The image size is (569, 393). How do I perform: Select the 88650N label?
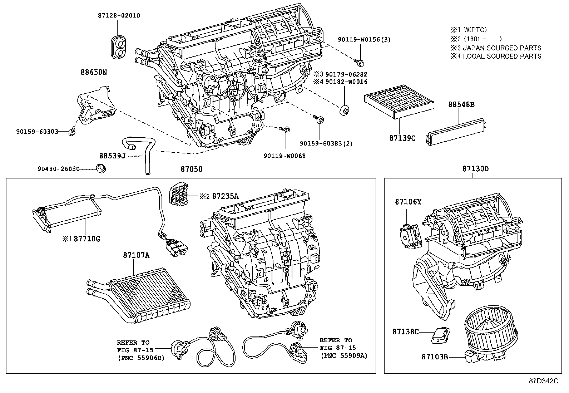[x=94, y=72]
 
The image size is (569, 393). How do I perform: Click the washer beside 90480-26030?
[x=101, y=168]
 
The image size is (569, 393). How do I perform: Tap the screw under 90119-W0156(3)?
[x=360, y=63]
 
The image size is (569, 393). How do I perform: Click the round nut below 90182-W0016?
[x=345, y=110]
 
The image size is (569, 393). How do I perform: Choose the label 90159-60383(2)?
[x=326, y=143]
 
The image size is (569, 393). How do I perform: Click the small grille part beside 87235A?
[x=180, y=196]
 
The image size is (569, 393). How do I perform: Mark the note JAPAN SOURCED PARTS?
[x=501, y=48]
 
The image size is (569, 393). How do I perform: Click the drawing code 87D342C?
[x=543, y=381]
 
